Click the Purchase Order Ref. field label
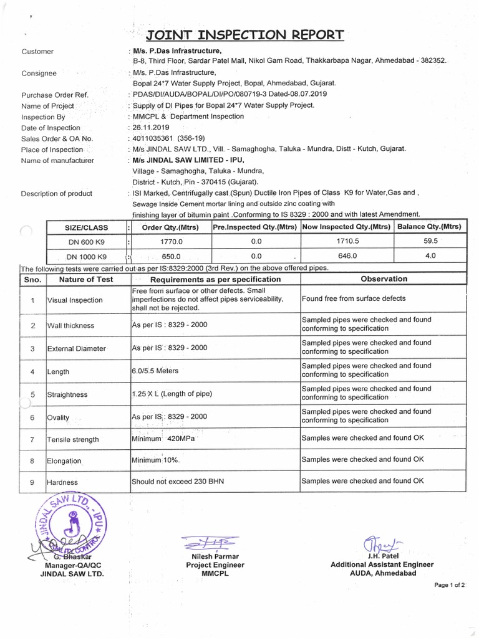click(55, 95)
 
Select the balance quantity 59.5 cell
click(430, 240)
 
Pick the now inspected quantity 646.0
click(347, 255)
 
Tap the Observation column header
click(384, 279)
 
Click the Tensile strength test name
click(73, 439)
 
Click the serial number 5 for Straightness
click(32, 394)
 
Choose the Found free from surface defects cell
click(354, 298)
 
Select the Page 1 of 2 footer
click(450, 586)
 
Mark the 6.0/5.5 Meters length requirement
click(155, 371)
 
